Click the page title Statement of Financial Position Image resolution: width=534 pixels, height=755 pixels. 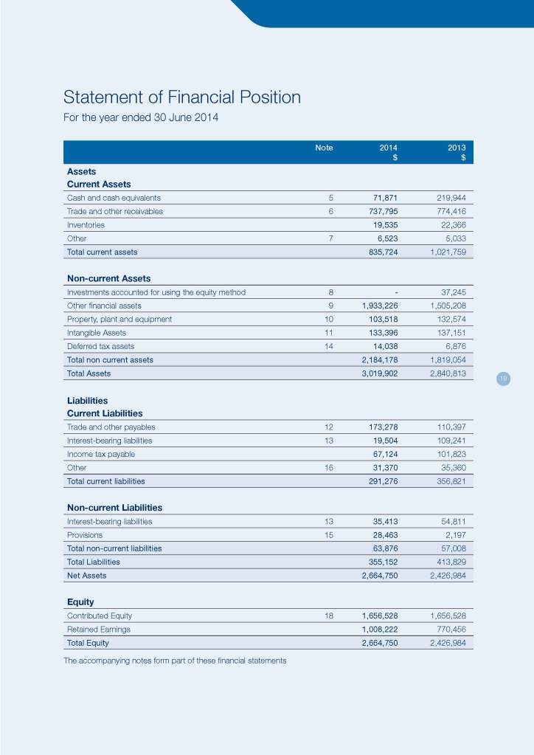(x=182, y=97)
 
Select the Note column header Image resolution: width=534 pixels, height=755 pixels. (x=324, y=148)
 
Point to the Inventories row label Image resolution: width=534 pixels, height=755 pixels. (x=86, y=224)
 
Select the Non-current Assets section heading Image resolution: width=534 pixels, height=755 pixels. (x=108, y=278)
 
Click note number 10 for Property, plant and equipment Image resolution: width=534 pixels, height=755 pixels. (x=329, y=319)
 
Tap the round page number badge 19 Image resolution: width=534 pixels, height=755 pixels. (x=503, y=379)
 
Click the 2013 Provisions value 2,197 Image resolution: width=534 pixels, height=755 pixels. (x=453, y=535)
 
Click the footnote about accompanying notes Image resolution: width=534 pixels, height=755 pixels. (x=175, y=660)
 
